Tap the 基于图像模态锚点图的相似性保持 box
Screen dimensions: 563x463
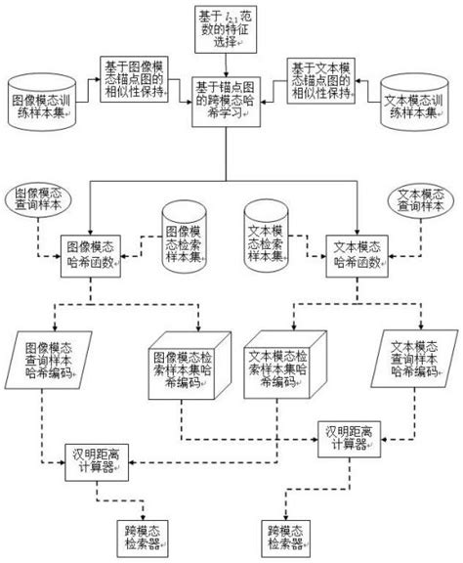pos(135,79)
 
